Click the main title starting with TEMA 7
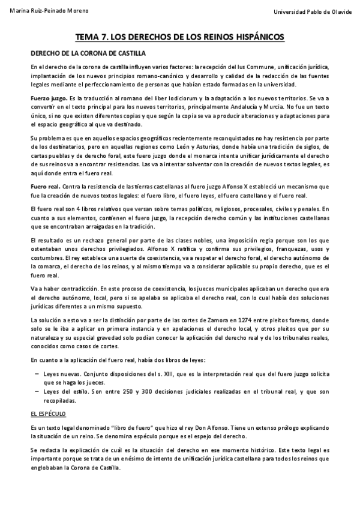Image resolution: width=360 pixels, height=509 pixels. click(x=180, y=37)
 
